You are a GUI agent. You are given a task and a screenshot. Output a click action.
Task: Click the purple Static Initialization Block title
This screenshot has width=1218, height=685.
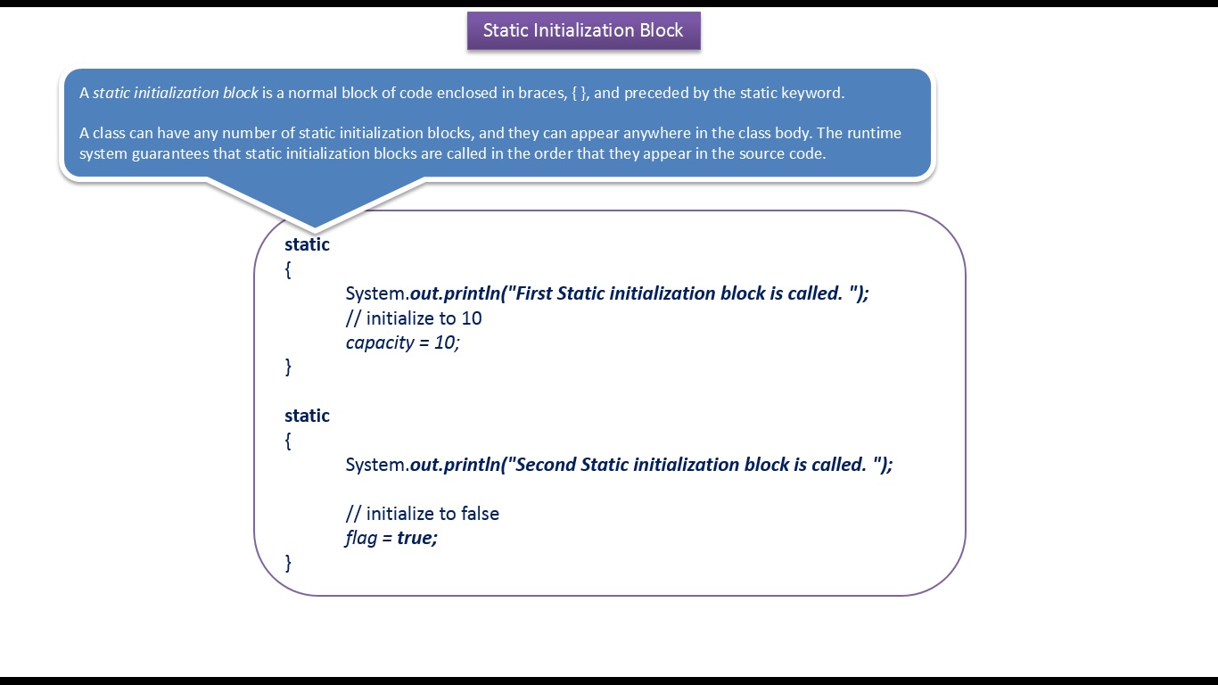coord(583,30)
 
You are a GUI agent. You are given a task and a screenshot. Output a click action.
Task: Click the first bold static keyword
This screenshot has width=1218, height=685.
coord(307,244)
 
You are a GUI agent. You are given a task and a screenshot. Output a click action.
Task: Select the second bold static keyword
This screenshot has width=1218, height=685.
coord(307,416)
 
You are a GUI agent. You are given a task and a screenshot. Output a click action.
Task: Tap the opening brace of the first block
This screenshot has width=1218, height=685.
coord(288,269)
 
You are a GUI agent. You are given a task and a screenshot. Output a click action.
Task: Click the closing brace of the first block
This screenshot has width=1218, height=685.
coord(288,367)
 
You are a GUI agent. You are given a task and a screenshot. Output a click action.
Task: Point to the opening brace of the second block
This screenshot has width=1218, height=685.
coord(288,441)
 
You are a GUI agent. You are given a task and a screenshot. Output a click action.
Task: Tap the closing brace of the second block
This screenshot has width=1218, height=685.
coord(288,563)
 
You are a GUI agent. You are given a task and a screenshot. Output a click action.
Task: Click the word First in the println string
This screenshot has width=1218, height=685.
coord(533,293)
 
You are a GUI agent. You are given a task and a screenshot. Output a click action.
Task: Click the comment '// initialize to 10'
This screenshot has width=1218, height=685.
coord(414,318)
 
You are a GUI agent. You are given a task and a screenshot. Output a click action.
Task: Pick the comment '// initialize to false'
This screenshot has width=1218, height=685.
coord(423,514)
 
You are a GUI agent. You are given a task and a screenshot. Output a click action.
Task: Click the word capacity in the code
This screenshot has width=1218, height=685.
coord(380,342)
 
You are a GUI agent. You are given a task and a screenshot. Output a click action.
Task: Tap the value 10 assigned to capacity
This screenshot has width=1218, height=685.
coord(444,342)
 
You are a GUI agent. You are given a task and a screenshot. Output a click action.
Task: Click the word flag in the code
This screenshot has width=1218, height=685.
coord(361,538)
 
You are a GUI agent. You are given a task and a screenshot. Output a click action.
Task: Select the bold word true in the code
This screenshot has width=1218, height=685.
coord(415,538)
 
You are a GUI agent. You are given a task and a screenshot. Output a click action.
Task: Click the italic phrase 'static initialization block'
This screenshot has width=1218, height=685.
coord(175,93)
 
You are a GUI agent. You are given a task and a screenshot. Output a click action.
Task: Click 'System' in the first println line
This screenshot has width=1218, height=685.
coord(375,293)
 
